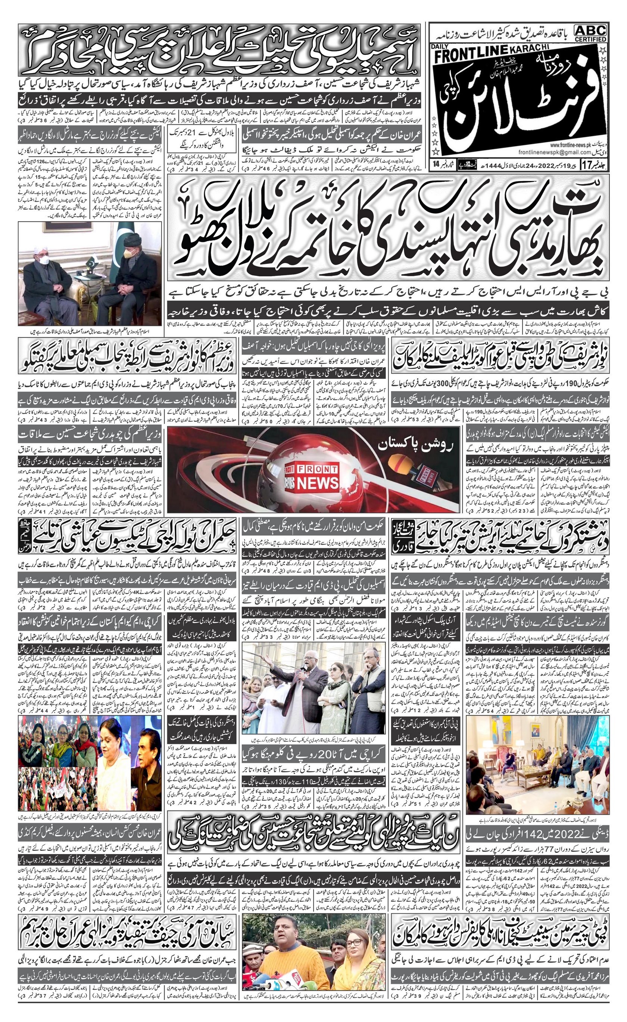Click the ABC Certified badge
click(x=590, y=33)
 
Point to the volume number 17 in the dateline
click(x=588, y=165)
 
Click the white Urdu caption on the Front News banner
click(x=418, y=446)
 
